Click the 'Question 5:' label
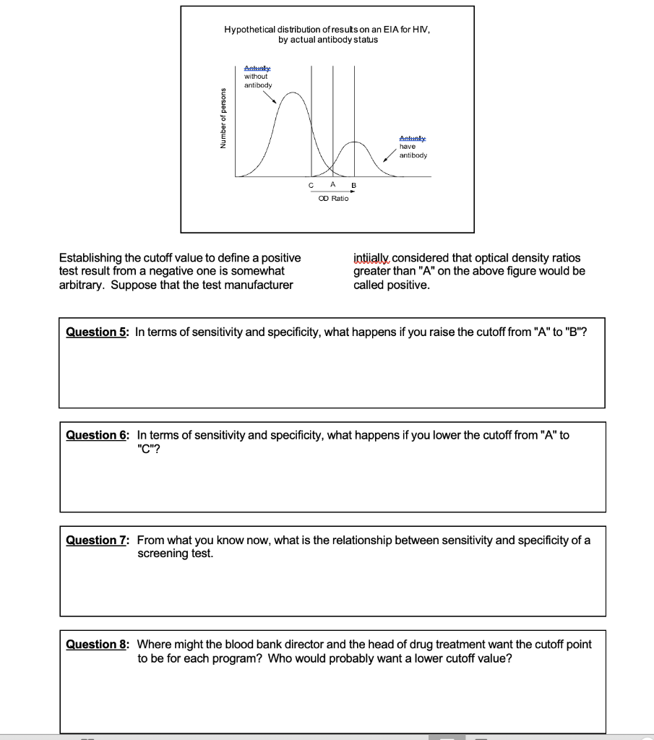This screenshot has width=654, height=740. (96, 332)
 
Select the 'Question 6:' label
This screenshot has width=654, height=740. (96, 435)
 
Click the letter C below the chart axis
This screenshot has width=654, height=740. (311, 186)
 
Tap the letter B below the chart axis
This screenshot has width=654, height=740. (354, 186)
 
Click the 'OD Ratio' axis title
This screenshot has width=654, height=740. (333, 198)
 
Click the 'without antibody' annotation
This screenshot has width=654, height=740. (257, 80)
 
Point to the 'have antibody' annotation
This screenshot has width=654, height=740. (413, 150)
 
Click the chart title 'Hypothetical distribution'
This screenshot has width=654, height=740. (328, 30)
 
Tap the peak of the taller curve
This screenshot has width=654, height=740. (291, 92)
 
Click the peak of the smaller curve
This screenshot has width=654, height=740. (354, 142)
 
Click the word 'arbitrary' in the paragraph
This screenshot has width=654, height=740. (82, 285)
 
